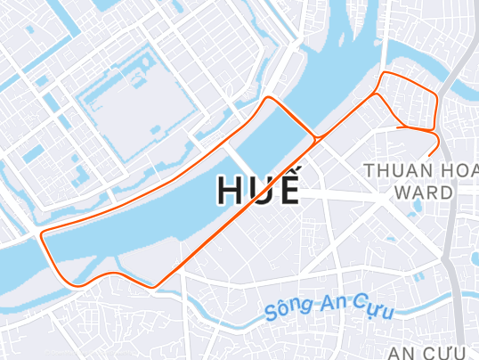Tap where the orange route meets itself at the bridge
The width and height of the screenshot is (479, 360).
point(315,138)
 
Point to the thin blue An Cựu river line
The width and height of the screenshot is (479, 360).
point(231,316)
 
